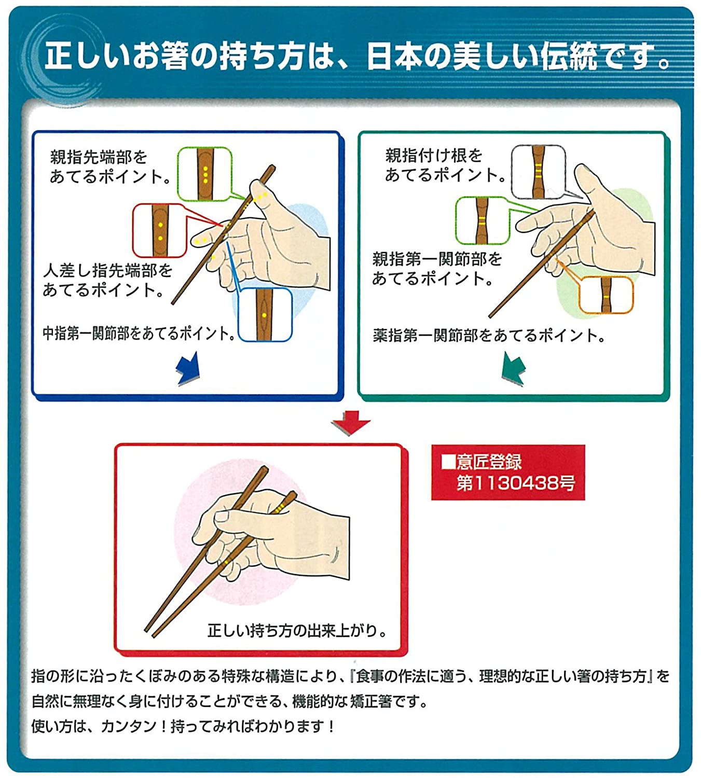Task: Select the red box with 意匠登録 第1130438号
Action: point(508,473)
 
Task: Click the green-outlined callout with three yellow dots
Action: point(204,174)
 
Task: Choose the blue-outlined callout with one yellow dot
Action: point(265,314)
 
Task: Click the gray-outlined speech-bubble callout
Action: point(538,172)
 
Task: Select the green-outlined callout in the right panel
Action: point(482,220)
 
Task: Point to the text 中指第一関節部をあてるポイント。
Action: point(139,334)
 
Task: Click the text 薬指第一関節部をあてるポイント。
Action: point(489,336)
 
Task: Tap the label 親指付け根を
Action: point(433,155)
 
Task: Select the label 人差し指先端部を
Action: point(107,270)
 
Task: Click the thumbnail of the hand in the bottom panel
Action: point(259,539)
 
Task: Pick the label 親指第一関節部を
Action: point(437,259)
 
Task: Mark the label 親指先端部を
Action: point(99,157)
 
